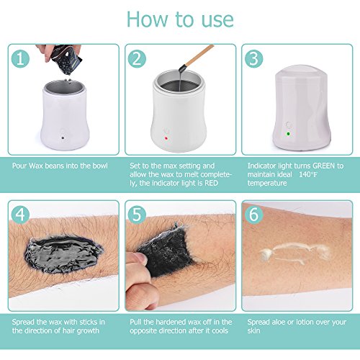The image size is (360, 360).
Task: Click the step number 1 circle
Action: pos(20,59)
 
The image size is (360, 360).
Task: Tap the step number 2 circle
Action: pos(137,59)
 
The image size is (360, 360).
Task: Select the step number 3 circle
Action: pos(254,59)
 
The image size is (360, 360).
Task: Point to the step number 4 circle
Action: pos(20,215)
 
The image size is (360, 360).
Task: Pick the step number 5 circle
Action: pos(137,215)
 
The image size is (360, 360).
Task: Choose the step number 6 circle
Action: pos(254,215)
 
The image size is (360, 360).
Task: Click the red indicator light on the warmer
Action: pos(166,138)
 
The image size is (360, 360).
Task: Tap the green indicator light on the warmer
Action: pos(288,134)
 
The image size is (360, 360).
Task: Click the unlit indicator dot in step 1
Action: pos(63,138)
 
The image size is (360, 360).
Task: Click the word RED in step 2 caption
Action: pos(211,183)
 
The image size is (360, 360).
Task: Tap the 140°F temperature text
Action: pos(308,174)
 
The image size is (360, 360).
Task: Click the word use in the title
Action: pos(217,19)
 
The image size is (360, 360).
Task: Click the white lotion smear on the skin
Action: pos(295,253)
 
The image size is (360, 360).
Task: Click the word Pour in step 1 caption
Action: pos(19,166)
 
